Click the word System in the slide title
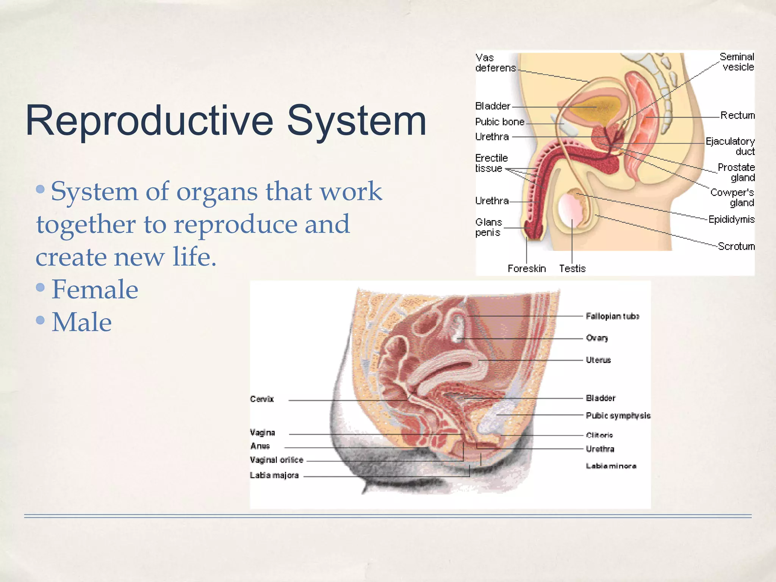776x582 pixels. (356, 120)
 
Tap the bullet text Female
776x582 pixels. (95, 289)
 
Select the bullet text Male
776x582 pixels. (81, 322)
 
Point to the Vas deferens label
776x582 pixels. (495, 63)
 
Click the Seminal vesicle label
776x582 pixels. (737, 62)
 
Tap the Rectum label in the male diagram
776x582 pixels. (737, 115)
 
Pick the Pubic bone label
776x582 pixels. (500, 122)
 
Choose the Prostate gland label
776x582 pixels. (736, 172)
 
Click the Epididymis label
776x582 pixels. (731, 219)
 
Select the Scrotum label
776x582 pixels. (736, 246)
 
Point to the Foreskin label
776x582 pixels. (527, 269)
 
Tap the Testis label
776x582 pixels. (572, 269)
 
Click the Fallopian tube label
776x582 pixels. (612, 316)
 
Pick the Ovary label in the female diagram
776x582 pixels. (597, 338)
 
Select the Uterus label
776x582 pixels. (598, 360)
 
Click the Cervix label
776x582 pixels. (262, 399)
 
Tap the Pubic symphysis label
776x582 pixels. (618, 416)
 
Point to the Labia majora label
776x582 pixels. (274, 475)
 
